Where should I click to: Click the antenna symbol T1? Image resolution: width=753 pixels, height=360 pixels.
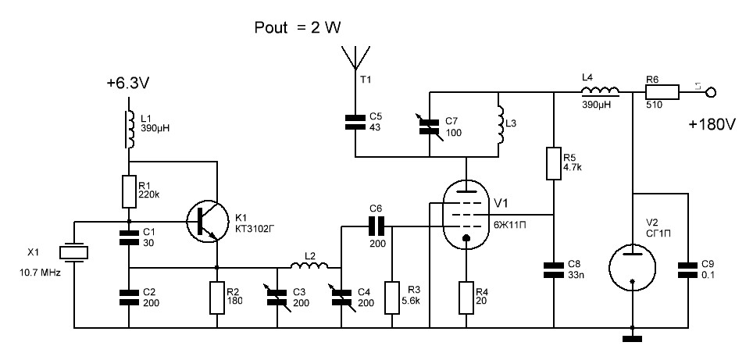coord(355,59)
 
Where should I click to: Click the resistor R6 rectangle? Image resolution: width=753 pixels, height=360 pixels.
coord(658,92)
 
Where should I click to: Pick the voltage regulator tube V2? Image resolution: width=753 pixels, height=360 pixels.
coord(631,269)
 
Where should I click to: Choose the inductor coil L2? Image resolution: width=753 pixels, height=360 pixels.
coord(309,268)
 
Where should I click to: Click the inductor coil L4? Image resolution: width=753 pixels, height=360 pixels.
coord(598,91)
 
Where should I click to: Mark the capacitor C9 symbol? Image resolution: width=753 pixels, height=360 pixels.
coord(687,270)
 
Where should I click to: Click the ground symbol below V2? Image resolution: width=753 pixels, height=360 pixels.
coord(631,337)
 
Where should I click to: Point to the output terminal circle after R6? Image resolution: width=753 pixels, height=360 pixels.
coord(710,92)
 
